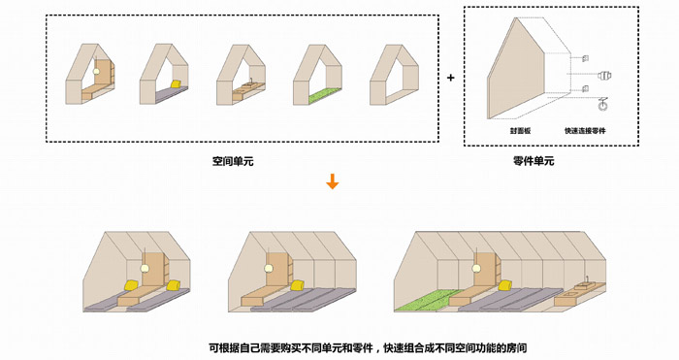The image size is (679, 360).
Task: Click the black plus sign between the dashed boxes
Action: coord(451,78)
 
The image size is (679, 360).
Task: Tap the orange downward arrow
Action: coord(332,181)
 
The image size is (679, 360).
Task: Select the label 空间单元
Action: coord(233,162)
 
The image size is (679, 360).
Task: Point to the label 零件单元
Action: coord(533,162)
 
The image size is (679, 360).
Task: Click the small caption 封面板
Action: coord(520,130)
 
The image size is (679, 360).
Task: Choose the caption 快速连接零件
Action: coord(585,130)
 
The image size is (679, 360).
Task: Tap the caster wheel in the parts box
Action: coord(602,105)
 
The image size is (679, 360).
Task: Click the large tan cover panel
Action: coord(515,69)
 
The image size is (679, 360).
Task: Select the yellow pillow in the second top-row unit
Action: coord(176,84)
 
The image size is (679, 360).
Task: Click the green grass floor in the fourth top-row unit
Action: coord(325,96)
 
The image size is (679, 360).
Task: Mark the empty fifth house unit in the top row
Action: coord(394,75)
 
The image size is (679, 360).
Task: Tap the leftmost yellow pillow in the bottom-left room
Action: coord(130,284)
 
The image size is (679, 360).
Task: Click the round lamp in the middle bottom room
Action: coord(269,268)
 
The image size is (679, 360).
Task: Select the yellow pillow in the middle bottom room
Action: coord(297,285)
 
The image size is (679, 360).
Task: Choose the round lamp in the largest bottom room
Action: coord(477,269)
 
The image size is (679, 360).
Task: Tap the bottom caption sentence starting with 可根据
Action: coord(368,347)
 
